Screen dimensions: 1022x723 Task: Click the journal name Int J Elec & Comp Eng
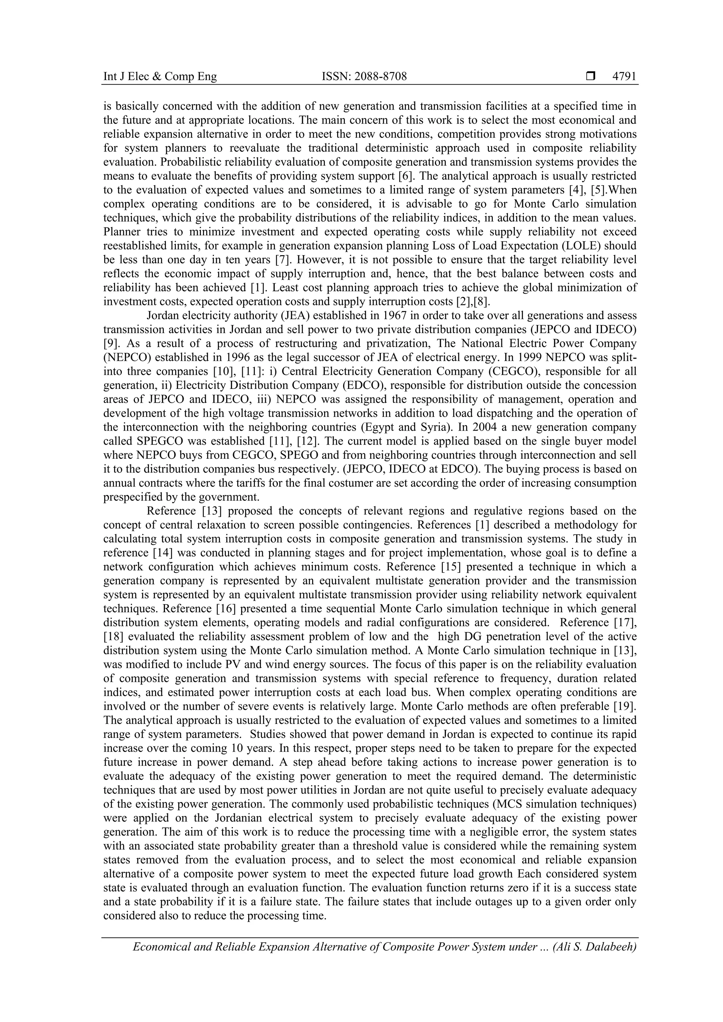click(x=160, y=77)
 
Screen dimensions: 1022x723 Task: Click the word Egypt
click(x=382, y=427)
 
